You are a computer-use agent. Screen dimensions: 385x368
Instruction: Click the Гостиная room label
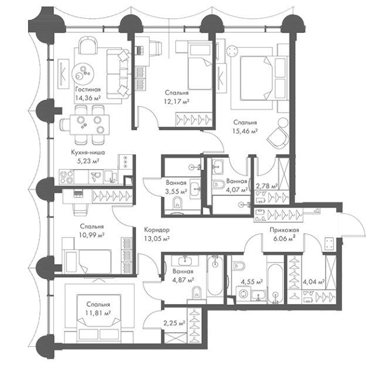88,89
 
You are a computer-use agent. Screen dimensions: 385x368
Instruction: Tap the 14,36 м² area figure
89,98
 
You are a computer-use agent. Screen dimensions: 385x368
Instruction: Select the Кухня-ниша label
88,153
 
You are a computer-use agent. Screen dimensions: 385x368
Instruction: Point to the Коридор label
157,230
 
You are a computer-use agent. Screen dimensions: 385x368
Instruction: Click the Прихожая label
284,230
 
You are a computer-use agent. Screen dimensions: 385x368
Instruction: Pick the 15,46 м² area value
245,131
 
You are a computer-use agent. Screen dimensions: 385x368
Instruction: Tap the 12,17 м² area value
177,101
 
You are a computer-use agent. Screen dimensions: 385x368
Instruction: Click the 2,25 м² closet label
174,323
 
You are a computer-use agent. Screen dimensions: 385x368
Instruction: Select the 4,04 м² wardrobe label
314,282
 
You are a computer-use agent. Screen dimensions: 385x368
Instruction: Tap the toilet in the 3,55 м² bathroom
177,204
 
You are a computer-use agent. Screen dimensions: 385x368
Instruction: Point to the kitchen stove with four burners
67,177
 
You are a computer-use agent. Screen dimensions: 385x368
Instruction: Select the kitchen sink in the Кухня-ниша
96,177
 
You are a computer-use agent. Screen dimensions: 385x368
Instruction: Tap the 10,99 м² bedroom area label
92,235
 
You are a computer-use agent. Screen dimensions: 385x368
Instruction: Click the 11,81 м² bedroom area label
98,313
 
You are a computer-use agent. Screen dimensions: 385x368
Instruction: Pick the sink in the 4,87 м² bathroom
185,261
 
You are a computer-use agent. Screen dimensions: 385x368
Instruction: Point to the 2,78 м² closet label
266,186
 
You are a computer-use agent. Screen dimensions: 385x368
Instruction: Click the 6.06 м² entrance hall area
284,239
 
